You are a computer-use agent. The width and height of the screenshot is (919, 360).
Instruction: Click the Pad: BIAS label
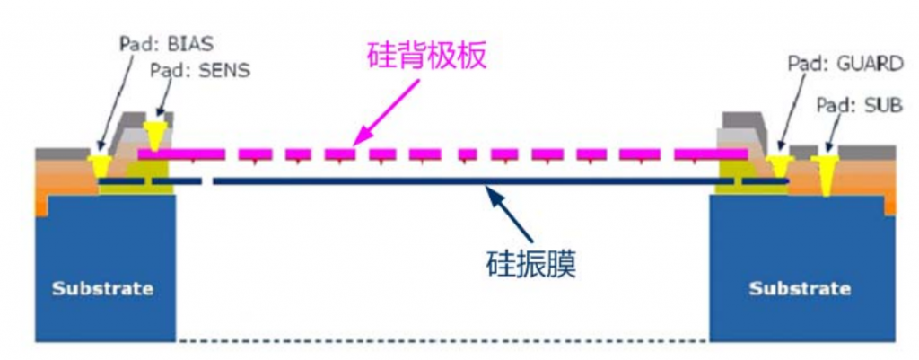coord(166,45)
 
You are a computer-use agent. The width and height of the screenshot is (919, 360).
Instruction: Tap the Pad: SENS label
coord(200,70)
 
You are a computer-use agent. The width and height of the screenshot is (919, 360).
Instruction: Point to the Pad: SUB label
coord(860,106)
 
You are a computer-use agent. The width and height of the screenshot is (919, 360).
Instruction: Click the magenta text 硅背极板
coord(426,57)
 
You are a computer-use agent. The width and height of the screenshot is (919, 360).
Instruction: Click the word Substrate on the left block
coord(102,288)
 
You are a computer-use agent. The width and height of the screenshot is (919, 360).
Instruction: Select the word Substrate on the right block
coord(800,288)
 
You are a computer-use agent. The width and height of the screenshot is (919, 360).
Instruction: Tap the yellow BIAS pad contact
coord(97,168)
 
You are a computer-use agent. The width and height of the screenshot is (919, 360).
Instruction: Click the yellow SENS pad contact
coord(154,136)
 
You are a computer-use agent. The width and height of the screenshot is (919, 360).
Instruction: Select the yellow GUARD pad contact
coord(780,167)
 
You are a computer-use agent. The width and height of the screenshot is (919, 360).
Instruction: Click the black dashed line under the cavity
coord(442,340)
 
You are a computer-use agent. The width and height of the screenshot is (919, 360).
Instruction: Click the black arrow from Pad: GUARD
coord(792,115)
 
